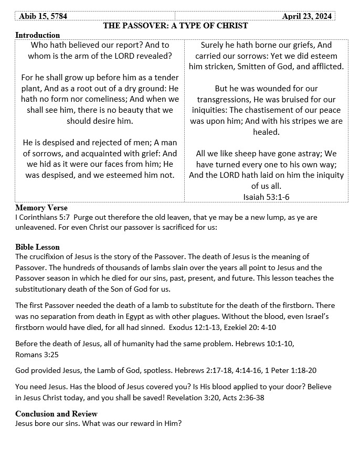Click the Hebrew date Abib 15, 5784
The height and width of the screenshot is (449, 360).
[x=43, y=16]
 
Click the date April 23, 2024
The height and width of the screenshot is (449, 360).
[x=307, y=16]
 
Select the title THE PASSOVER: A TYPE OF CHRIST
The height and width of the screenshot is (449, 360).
[x=175, y=26]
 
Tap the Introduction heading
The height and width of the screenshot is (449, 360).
[x=38, y=35]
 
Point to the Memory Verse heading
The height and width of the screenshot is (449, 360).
[x=41, y=208]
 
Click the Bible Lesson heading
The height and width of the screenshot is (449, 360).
[x=38, y=247]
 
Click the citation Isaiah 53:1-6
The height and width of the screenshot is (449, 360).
[x=266, y=196]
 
